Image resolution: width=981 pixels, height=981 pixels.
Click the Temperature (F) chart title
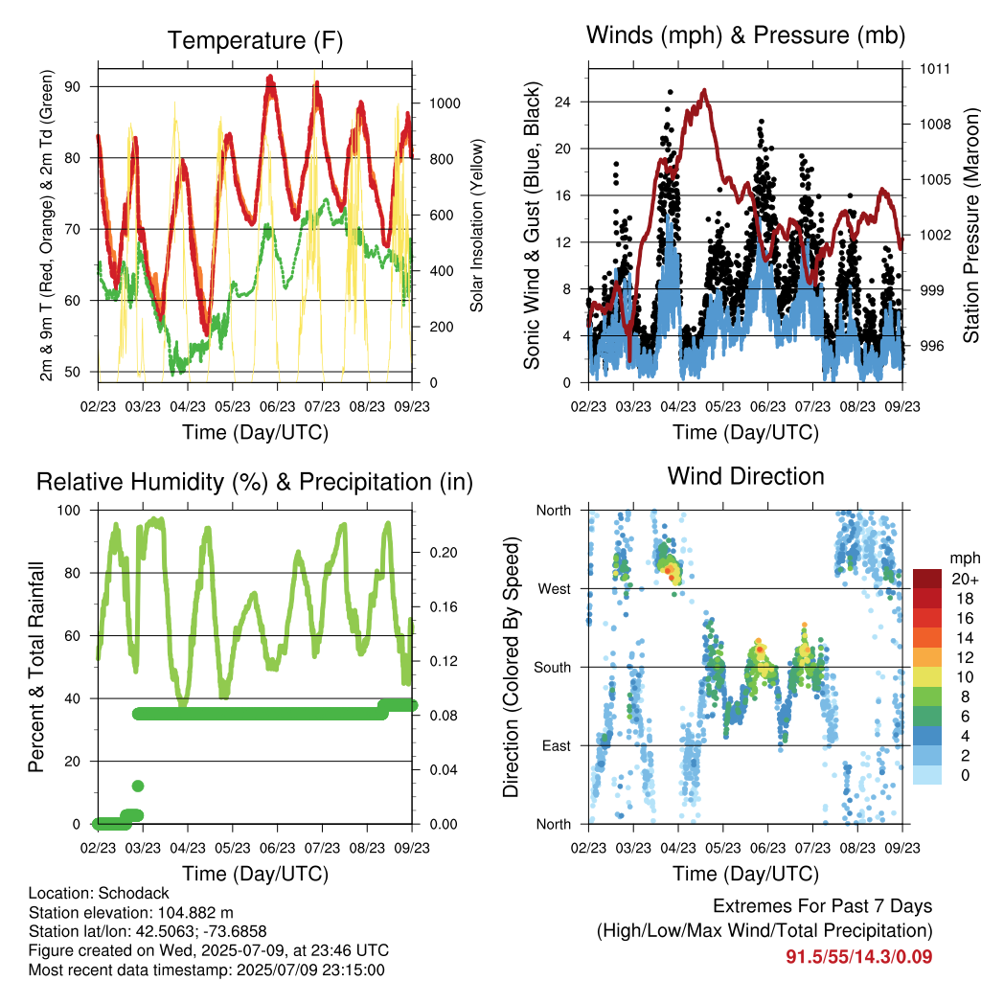point(255,40)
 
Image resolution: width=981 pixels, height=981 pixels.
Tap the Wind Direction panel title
point(745,476)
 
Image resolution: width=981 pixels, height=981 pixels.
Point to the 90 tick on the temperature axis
point(73,87)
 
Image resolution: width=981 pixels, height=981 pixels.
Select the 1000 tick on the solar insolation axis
point(445,103)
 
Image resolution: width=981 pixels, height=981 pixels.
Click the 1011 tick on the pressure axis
point(935,69)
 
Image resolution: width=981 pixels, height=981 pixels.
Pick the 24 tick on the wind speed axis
point(563,102)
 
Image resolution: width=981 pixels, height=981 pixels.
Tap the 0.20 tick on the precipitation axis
point(444,553)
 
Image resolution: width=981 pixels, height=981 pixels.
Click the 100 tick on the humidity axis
point(69,511)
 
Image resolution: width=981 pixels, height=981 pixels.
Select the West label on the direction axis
point(555,589)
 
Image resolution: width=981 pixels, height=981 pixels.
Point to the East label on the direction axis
point(557,745)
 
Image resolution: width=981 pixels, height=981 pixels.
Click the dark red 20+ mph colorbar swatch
point(927,579)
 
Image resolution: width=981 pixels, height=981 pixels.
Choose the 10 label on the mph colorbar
point(966,677)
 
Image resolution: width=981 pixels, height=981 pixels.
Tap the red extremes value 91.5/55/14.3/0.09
point(859,957)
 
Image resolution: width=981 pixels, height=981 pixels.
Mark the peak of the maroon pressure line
point(705,90)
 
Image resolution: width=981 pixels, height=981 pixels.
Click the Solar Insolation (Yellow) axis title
point(477,226)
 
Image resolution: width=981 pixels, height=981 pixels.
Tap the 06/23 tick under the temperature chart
point(277,406)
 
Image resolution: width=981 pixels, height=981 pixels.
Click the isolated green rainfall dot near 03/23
point(138,786)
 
